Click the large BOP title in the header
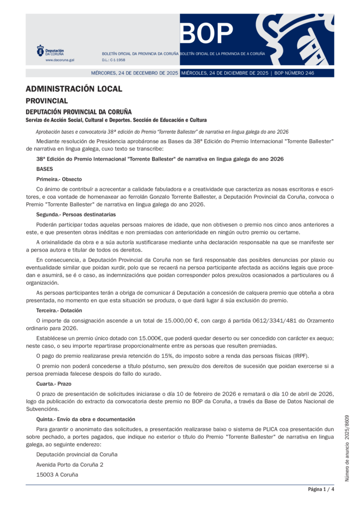(x=207, y=34)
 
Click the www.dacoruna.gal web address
(x=60, y=60)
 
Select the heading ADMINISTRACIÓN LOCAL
(x=74, y=89)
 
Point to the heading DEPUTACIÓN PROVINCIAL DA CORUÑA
(x=79, y=112)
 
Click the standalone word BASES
(x=45, y=169)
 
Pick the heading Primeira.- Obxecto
(x=59, y=179)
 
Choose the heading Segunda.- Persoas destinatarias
(x=76, y=215)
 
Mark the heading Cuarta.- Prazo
(x=54, y=384)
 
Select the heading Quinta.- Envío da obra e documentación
(x=86, y=420)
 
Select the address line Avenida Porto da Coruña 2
(x=70, y=465)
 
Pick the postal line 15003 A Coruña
(x=57, y=475)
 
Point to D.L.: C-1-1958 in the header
(x=113, y=60)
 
